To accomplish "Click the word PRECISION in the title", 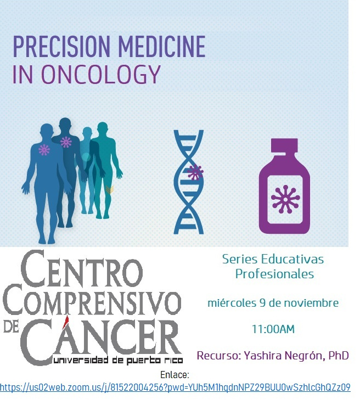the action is coord(61,47).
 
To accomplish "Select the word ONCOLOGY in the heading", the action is coord(101,74).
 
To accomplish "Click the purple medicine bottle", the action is coord(284,186).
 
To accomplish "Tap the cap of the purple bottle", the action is coord(284,145).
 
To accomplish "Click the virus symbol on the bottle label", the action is coord(285,199).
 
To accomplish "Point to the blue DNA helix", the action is coord(189,182).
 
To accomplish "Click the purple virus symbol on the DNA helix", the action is coord(195,172).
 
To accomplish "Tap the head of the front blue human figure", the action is coord(47,132).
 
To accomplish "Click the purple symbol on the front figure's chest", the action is coord(44,150).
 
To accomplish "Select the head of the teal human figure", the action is coord(103,130).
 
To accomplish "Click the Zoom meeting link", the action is coord(175,387).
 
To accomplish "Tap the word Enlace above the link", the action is coord(175,374).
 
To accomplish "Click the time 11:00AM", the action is coord(273,329).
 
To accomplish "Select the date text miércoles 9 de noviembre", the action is coord(273,303).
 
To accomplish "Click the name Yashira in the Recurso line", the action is coord(263,356).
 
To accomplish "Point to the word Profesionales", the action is coord(274,274).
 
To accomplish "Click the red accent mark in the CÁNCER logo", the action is coord(66,320).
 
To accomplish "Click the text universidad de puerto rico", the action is coord(118,360).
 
